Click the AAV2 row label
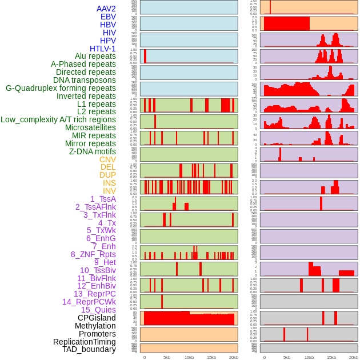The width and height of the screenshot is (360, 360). tap(106, 9)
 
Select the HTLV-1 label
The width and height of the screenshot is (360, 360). tap(103, 49)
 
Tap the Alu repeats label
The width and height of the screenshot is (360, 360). tap(95, 56)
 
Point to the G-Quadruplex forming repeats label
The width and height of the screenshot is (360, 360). tap(61, 88)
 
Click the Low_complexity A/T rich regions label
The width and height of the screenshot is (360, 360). tap(58, 119)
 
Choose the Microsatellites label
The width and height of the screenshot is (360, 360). tap(90, 127)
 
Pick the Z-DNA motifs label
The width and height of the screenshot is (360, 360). tap(93, 151)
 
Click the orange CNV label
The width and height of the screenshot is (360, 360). tap(107, 159)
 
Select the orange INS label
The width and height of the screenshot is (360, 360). tap(109, 183)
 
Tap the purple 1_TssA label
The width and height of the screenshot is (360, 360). tap(103, 199)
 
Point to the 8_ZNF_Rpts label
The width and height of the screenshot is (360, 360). tap(93, 254)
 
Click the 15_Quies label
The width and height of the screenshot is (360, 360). tap(98, 310)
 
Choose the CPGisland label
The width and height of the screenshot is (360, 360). tap(97, 318)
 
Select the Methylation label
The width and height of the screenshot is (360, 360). tap(95, 326)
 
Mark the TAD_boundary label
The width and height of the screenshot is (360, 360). tap(89, 349)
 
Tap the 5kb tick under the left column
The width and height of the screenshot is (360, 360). tap(167, 357)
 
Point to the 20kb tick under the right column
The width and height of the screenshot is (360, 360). tap(354, 357)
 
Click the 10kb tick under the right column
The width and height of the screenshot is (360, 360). tap(309, 357)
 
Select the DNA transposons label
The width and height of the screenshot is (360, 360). tap(85, 80)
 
